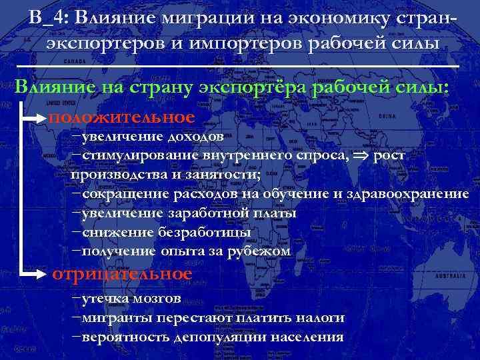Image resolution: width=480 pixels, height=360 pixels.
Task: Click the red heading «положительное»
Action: click(x=121, y=117)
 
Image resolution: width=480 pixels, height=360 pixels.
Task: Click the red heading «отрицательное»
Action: click(x=122, y=274)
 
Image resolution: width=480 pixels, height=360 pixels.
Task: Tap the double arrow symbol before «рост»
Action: click(x=363, y=156)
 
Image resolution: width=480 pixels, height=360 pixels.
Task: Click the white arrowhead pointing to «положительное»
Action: click(x=44, y=118)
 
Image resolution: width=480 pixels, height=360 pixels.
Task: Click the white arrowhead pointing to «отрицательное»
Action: click(x=44, y=274)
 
